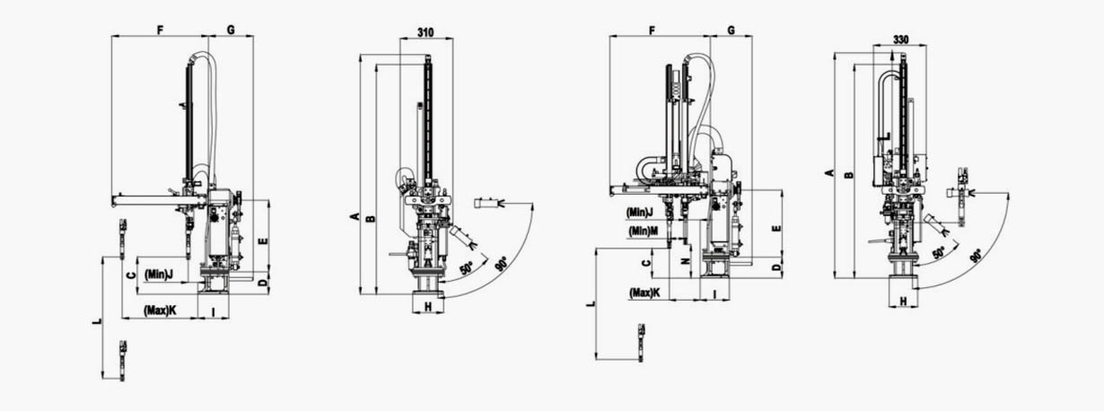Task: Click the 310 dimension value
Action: (425, 32)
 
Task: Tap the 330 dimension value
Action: (900, 39)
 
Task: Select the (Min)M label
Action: (643, 231)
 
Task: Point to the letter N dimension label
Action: (685, 261)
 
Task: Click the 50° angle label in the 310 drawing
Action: (467, 268)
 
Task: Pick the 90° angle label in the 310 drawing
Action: (501, 264)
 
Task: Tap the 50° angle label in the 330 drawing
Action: (940, 253)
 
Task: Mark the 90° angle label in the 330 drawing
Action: (976, 255)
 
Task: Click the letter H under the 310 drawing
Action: (428, 307)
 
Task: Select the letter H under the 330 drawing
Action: (904, 302)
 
